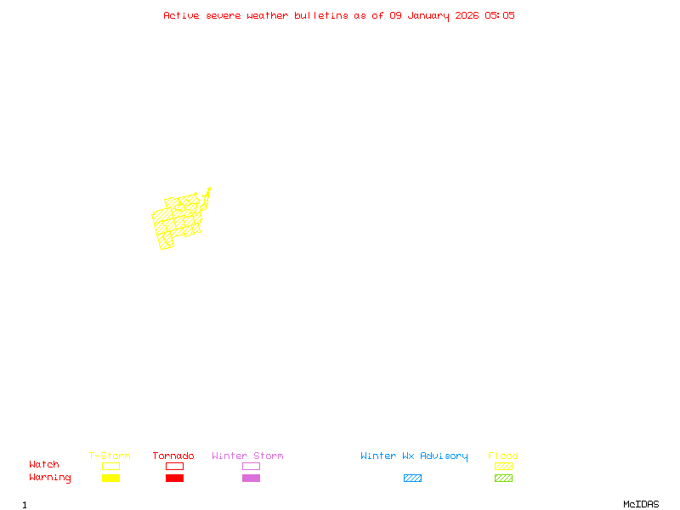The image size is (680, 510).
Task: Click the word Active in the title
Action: pos(181,15)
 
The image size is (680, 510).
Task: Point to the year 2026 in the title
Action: pos(467,15)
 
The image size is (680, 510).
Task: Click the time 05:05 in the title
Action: pos(500,15)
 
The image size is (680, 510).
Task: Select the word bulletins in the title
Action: pos(321,15)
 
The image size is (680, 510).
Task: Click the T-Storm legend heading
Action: pos(110,456)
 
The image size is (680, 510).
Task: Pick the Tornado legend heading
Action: pos(173,456)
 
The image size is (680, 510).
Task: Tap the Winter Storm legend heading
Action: pos(247,456)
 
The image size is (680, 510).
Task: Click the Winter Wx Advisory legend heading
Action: pos(414,456)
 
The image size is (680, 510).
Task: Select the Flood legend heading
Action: pos(503,456)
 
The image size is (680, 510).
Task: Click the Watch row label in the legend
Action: pos(44,465)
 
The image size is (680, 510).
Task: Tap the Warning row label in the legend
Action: pos(50,478)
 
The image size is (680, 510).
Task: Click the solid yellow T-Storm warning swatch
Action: pos(110,478)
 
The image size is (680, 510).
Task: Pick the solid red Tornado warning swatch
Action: pos(174,478)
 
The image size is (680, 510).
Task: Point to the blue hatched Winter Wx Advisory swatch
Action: pos(412,478)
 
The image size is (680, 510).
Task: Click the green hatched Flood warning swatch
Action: pos(503,478)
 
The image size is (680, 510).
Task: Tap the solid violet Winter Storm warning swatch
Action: pos(251,478)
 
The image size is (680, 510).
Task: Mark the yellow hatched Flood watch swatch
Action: pos(503,466)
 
